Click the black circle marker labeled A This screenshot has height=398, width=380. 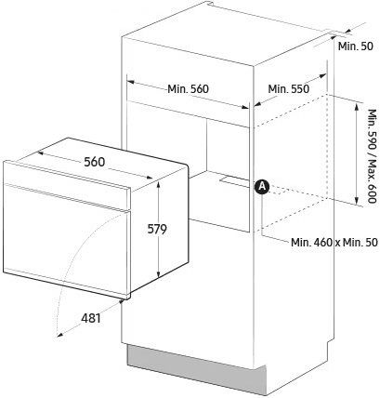pyautogui.click(x=262, y=187)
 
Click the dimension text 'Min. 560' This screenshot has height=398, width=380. pyautogui.click(x=188, y=89)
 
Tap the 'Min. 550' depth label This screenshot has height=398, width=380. pyautogui.click(x=288, y=89)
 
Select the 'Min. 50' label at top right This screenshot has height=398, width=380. pyautogui.click(x=356, y=46)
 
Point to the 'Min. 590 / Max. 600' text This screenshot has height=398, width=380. pyautogui.click(x=373, y=156)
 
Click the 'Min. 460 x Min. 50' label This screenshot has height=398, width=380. pyautogui.click(x=334, y=242)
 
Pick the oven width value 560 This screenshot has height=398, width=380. pyautogui.click(x=95, y=162)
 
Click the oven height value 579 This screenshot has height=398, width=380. pyautogui.click(x=157, y=229)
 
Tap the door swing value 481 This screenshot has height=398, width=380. pyautogui.click(x=91, y=318)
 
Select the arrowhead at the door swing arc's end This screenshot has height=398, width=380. pyautogui.click(x=59, y=334)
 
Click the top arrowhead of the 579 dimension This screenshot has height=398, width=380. pyautogui.click(x=158, y=185)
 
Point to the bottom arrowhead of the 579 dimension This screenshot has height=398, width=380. pyautogui.click(x=158, y=274)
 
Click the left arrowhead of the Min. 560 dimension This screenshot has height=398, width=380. pyautogui.click(x=131, y=82)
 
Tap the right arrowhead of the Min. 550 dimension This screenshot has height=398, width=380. pyautogui.click(x=323, y=75)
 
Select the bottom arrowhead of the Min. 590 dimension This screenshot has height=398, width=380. pyautogui.click(x=357, y=200)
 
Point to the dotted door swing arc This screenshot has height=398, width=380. pyautogui.click(x=72, y=254)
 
